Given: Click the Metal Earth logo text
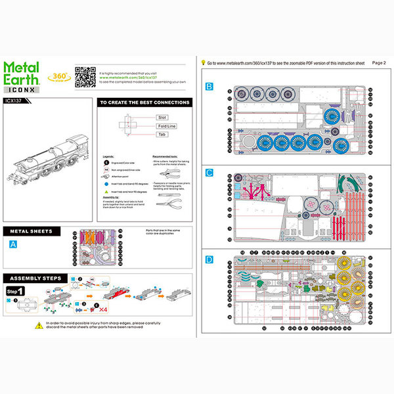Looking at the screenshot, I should (x=22, y=72).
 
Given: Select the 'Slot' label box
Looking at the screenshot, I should (x=162, y=117).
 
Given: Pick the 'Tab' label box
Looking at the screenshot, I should (x=162, y=134).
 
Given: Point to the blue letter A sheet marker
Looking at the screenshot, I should (x=12, y=244).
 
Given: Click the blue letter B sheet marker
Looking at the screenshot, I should (x=209, y=86).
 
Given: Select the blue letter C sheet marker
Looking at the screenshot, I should (x=209, y=173).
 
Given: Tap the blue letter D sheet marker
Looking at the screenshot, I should (x=209, y=259).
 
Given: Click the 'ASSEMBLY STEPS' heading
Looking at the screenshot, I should (x=38, y=277).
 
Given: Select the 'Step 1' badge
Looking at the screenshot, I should (x=16, y=291).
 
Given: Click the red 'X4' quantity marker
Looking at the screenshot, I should (x=103, y=307).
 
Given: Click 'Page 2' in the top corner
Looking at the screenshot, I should (x=379, y=62).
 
